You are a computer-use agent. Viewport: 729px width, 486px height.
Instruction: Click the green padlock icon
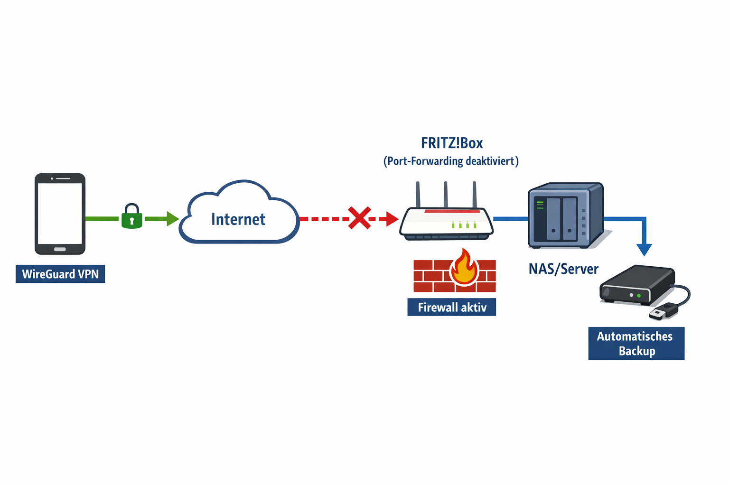point(132,217)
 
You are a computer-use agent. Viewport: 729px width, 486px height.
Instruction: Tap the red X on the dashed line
point(359,218)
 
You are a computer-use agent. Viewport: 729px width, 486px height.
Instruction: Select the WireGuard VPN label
point(60,274)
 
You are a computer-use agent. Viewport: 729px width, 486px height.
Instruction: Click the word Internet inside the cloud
point(238,219)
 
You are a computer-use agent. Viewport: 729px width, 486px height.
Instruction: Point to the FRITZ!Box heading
point(451,143)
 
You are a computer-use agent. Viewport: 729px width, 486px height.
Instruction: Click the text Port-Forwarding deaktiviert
point(451,161)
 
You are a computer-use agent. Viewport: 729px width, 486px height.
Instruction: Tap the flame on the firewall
point(464,268)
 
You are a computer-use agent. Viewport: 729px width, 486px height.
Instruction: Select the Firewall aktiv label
point(451,307)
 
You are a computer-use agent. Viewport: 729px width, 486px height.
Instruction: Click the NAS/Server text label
point(563,269)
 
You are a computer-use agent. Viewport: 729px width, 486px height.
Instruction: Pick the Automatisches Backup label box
point(636,344)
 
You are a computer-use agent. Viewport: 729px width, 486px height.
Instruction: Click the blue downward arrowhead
point(644,250)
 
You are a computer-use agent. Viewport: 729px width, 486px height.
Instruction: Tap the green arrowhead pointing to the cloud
point(172,219)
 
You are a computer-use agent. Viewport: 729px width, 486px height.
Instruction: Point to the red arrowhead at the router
point(392,219)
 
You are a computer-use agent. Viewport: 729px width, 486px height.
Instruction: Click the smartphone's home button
point(60,249)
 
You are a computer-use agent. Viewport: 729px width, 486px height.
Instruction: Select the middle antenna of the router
point(446,195)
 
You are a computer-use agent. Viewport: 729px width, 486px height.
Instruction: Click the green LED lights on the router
point(464,225)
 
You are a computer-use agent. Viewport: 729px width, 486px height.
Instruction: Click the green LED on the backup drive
point(639,296)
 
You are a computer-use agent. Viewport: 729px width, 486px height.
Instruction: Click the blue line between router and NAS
point(511,219)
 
